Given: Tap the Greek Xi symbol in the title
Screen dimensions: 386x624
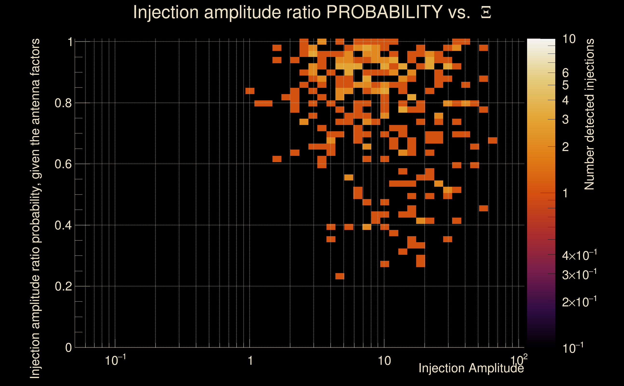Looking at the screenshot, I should (x=486, y=13).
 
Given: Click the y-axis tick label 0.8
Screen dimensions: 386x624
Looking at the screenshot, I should (x=63, y=103).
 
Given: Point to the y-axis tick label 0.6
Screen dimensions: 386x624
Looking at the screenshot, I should (x=63, y=164).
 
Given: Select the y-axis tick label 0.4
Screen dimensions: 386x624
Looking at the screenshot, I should (x=63, y=225).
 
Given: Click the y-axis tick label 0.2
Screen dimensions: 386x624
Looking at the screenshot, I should (x=63, y=286).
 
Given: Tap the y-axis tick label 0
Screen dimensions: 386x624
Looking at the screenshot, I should (x=68, y=348).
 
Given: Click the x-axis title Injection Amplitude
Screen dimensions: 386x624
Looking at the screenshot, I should (x=471, y=368).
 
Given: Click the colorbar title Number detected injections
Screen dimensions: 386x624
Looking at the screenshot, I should (x=589, y=114).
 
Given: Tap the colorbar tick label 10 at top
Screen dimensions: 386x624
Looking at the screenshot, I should (x=569, y=39).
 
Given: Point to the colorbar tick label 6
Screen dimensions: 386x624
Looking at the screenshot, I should (x=565, y=73).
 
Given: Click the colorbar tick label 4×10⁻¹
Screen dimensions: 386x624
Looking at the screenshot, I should (x=579, y=255).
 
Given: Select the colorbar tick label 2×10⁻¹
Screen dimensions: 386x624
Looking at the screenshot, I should (x=579, y=302).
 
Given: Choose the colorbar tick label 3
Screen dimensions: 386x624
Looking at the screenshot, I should (x=565, y=119).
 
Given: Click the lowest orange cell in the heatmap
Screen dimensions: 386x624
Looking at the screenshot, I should (x=339, y=276).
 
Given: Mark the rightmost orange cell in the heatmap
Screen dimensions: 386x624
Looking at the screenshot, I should (x=492, y=140).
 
